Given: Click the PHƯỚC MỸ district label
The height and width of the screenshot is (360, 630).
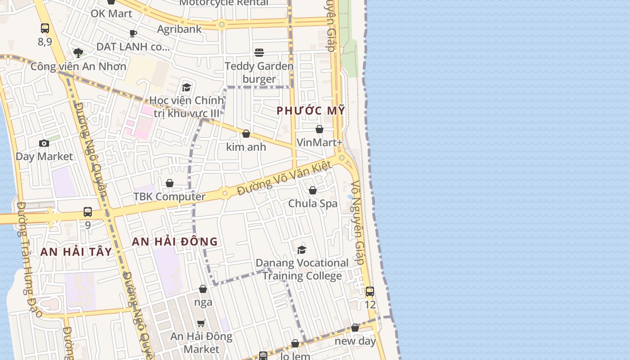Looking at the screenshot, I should click(x=310, y=111).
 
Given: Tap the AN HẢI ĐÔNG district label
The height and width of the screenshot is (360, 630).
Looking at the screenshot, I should click(x=175, y=242).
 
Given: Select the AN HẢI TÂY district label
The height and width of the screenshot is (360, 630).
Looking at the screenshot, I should click(x=76, y=252).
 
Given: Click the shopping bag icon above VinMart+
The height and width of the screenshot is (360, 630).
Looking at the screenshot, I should click(x=319, y=130).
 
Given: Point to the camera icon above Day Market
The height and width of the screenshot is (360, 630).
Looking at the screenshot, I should click(x=44, y=144).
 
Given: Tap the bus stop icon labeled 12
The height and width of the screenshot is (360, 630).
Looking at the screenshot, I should click(x=370, y=292).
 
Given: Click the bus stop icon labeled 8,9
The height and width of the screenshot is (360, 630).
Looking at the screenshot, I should click(x=45, y=28).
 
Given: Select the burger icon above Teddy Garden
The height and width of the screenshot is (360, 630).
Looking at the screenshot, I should click(x=259, y=53).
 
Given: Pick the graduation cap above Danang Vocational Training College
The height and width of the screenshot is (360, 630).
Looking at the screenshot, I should click(x=301, y=250).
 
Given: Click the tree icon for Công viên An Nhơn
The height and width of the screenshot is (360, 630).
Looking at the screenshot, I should click(x=78, y=53).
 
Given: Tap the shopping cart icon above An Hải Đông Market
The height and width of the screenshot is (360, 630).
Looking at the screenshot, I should click(x=201, y=323).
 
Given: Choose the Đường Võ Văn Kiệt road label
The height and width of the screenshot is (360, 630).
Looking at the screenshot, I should click(x=284, y=179).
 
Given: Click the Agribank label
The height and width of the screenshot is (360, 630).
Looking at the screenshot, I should click(x=179, y=29).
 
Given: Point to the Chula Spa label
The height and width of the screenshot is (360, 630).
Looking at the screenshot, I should click(x=313, y=203).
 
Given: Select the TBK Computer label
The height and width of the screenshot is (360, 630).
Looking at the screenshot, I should click(x=169, y=197).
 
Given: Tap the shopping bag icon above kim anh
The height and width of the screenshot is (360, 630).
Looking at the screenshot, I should click(x=246, y=134).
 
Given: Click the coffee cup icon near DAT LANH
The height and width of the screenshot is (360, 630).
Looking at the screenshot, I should click(x=133, y=33).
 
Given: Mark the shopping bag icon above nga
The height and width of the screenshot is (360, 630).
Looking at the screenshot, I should click(x=203, y=289).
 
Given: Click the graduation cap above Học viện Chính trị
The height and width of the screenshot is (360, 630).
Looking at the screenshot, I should click(x=186, y=87).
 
